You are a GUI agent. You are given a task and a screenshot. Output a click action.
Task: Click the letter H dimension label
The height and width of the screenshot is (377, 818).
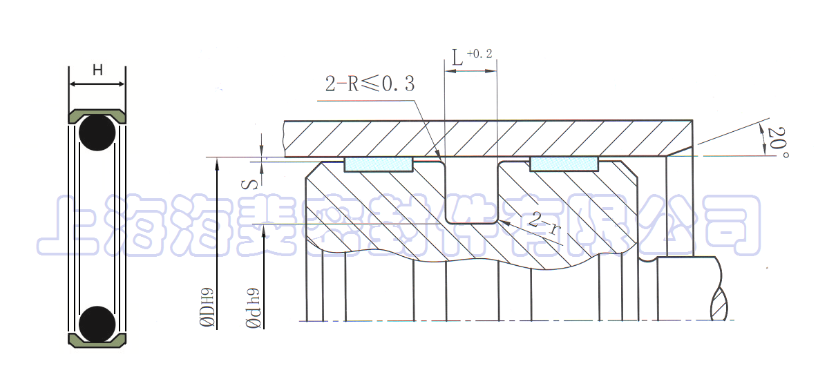point(97,70)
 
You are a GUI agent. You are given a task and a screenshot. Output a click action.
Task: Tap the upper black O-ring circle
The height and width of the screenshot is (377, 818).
point(97,133)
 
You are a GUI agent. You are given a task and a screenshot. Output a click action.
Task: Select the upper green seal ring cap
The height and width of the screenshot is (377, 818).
point(97,116)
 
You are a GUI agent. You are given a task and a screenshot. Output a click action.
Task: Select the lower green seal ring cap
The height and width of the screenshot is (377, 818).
point(97,340)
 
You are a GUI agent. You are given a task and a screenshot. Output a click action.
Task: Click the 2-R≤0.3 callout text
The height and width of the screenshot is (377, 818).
point(370,84)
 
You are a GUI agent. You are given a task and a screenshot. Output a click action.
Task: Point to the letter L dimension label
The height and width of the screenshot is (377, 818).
point(457,58)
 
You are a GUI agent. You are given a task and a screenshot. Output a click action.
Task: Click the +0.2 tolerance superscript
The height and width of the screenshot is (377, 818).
point(479,53)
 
